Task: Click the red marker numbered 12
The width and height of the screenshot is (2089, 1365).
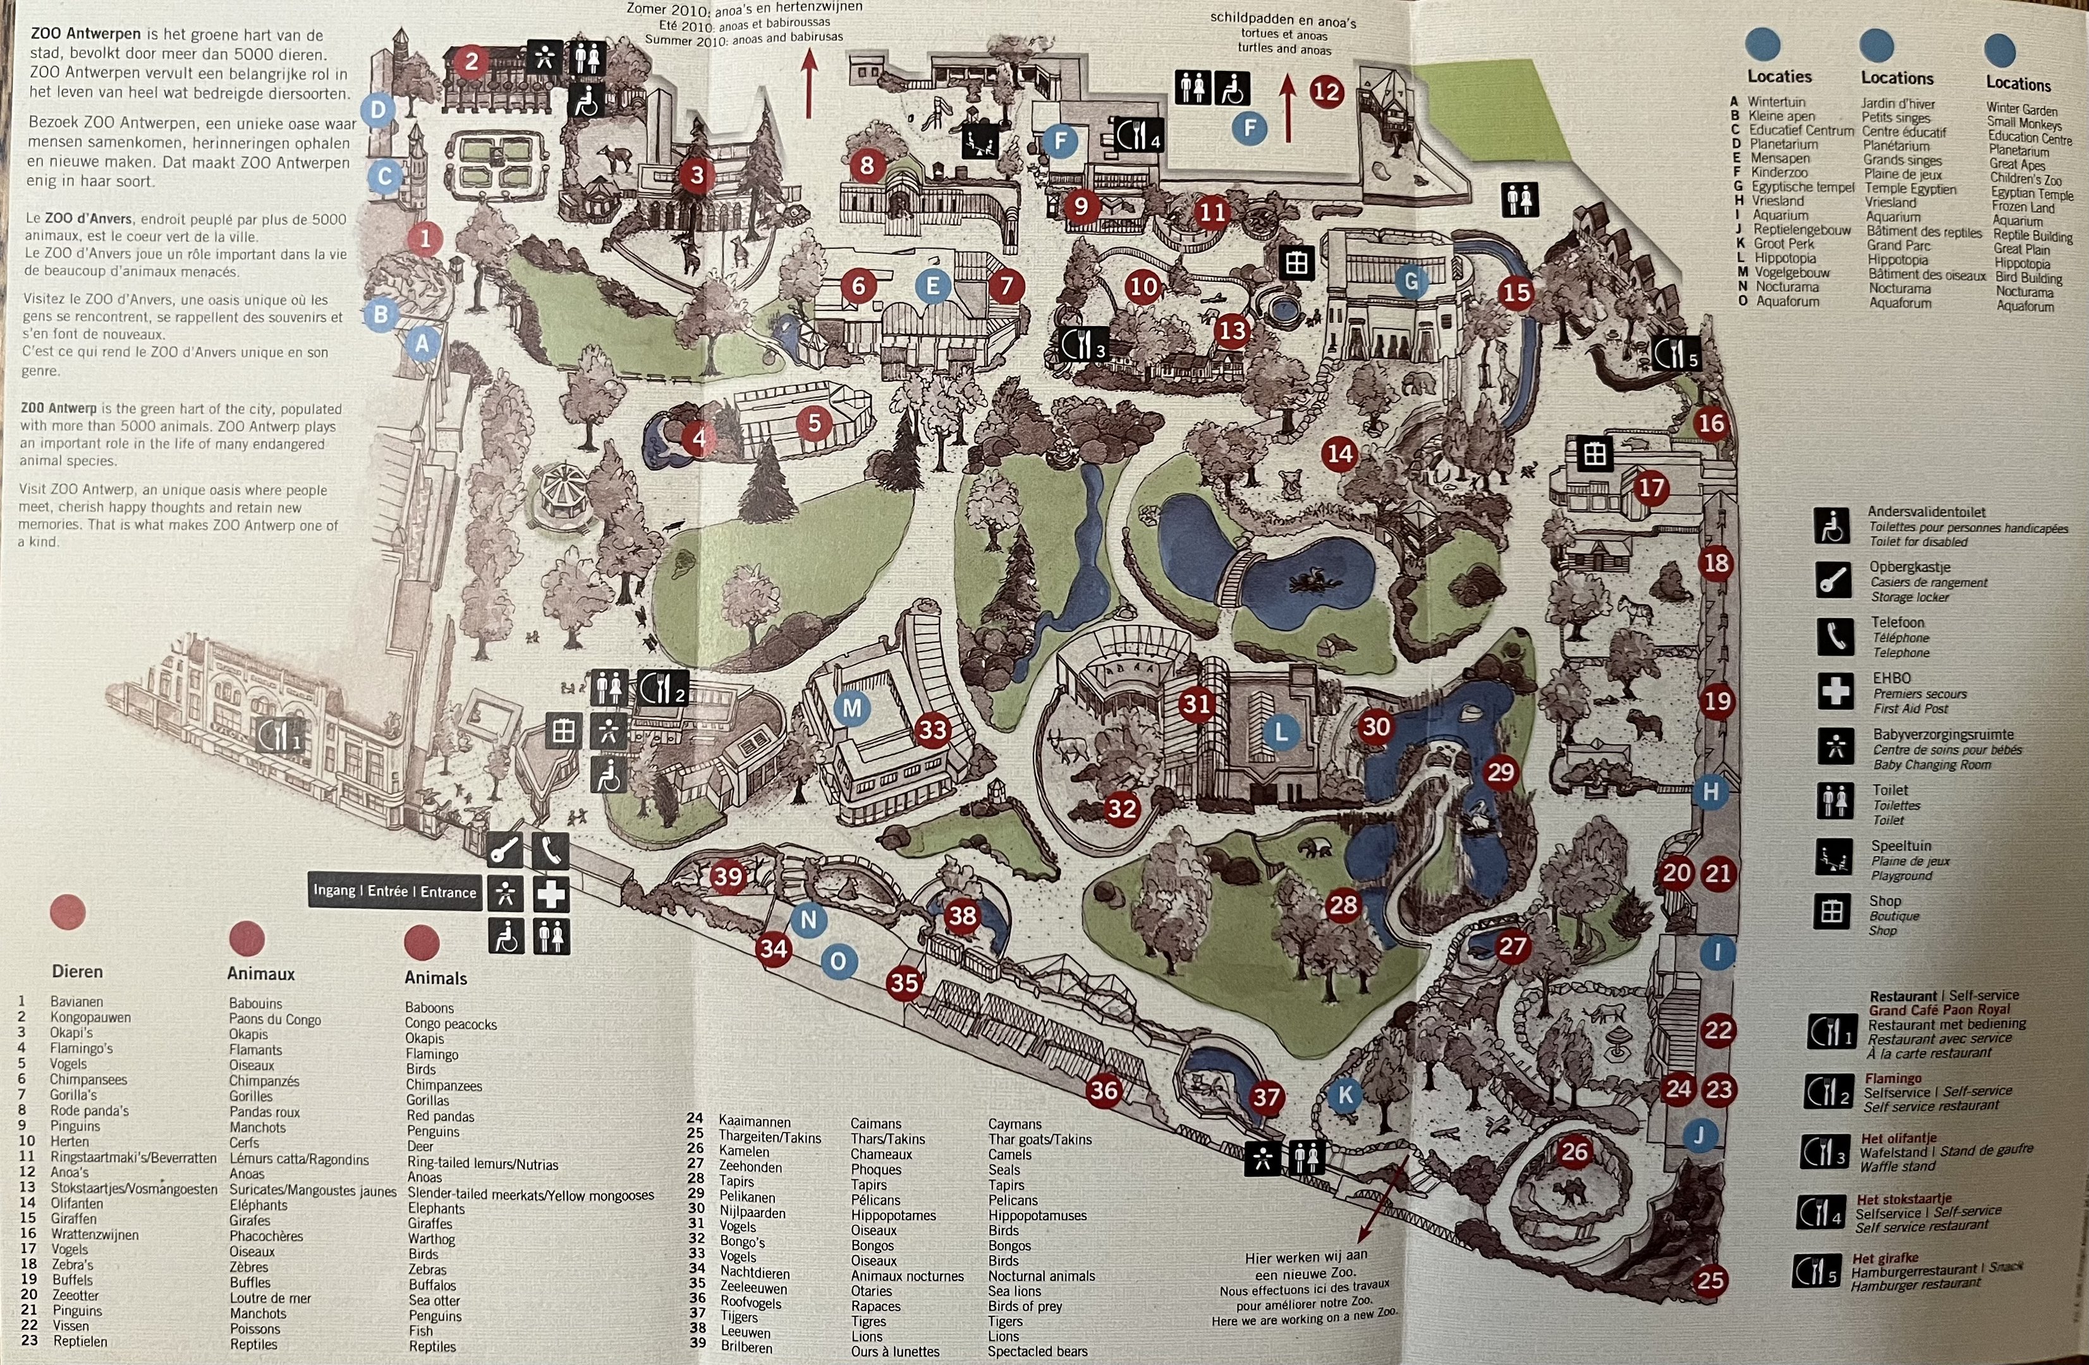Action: [1326, 91]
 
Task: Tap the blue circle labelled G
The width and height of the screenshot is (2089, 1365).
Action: [1411, 281]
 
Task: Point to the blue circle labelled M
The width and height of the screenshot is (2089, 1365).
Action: [851, 708]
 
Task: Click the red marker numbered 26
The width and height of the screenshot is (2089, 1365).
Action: [1574, 1151]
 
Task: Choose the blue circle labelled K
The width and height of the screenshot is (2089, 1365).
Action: [1344, 1095]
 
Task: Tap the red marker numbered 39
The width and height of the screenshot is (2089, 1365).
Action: [728, 876]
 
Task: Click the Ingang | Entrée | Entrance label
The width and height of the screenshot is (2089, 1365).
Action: [394, 892]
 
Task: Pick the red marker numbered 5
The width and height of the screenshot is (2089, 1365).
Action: [813, 423]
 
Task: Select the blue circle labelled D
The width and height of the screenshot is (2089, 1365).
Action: [379, 110]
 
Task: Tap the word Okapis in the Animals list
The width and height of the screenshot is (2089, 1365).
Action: [424, 1038]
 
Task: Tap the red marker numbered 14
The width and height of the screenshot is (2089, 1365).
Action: [1340, 453]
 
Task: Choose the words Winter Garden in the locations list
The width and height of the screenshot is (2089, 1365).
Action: [2021, 110]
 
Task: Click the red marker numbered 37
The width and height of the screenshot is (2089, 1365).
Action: [1265, 1096]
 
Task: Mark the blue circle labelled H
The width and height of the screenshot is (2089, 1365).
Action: [1710, 792]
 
